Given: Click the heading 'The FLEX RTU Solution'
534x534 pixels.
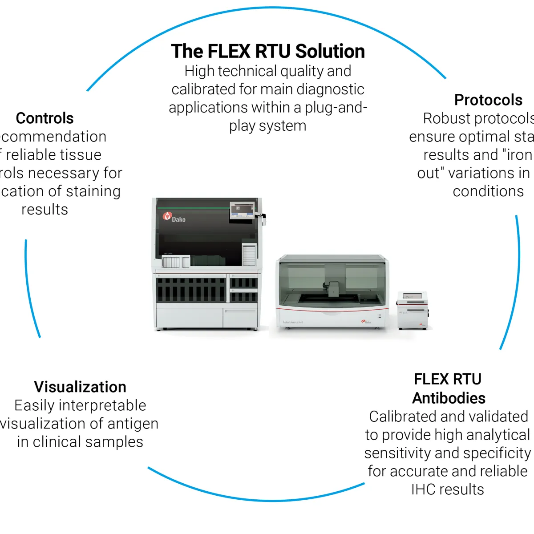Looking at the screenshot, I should tap(267, 51).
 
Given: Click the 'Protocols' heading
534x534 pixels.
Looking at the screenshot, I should tap(488, 100).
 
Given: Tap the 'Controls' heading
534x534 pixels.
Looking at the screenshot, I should tap(44, 118).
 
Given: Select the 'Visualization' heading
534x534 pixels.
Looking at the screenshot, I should tap(80, 387).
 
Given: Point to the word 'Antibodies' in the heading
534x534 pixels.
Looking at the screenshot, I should tap(449, 398).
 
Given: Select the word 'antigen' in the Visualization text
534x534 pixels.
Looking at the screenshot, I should tap(133, 424).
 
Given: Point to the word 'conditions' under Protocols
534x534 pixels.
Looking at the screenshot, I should tap(488, 191).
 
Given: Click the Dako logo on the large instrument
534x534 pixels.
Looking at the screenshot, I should tap(174, 217).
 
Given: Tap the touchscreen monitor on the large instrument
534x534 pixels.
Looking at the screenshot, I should tap(242, 210).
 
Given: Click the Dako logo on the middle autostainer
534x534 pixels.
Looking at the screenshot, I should tap(366, 321).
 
